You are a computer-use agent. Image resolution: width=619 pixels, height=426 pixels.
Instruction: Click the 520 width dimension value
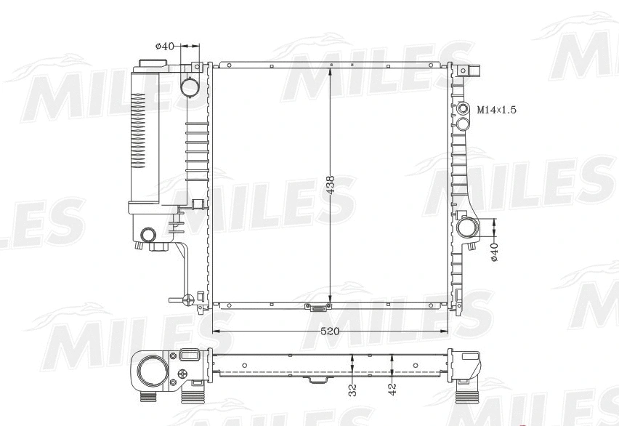point(330,331)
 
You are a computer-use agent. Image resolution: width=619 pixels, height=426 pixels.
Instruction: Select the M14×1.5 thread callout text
point(496,110)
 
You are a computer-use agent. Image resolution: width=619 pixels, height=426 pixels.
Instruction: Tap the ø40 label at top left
point(165,46)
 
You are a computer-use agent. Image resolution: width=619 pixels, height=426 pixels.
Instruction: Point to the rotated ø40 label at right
point(495,252)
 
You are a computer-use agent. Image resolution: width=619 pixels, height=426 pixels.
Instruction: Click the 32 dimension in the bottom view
point(352,389)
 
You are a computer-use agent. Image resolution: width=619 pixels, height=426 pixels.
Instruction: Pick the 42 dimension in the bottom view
point(392,389)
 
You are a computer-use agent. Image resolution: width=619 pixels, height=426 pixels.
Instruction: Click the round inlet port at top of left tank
point(190,87)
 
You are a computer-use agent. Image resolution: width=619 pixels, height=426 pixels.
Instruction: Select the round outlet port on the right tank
point(466,228)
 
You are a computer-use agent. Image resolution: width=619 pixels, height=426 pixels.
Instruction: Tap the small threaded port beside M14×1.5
point(463,110)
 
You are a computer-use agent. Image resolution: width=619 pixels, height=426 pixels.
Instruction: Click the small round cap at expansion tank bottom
point(148,235)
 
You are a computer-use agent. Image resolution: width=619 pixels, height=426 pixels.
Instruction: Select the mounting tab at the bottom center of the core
point(317,308)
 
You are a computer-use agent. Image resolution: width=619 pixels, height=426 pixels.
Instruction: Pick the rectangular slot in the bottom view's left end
point(190,356)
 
